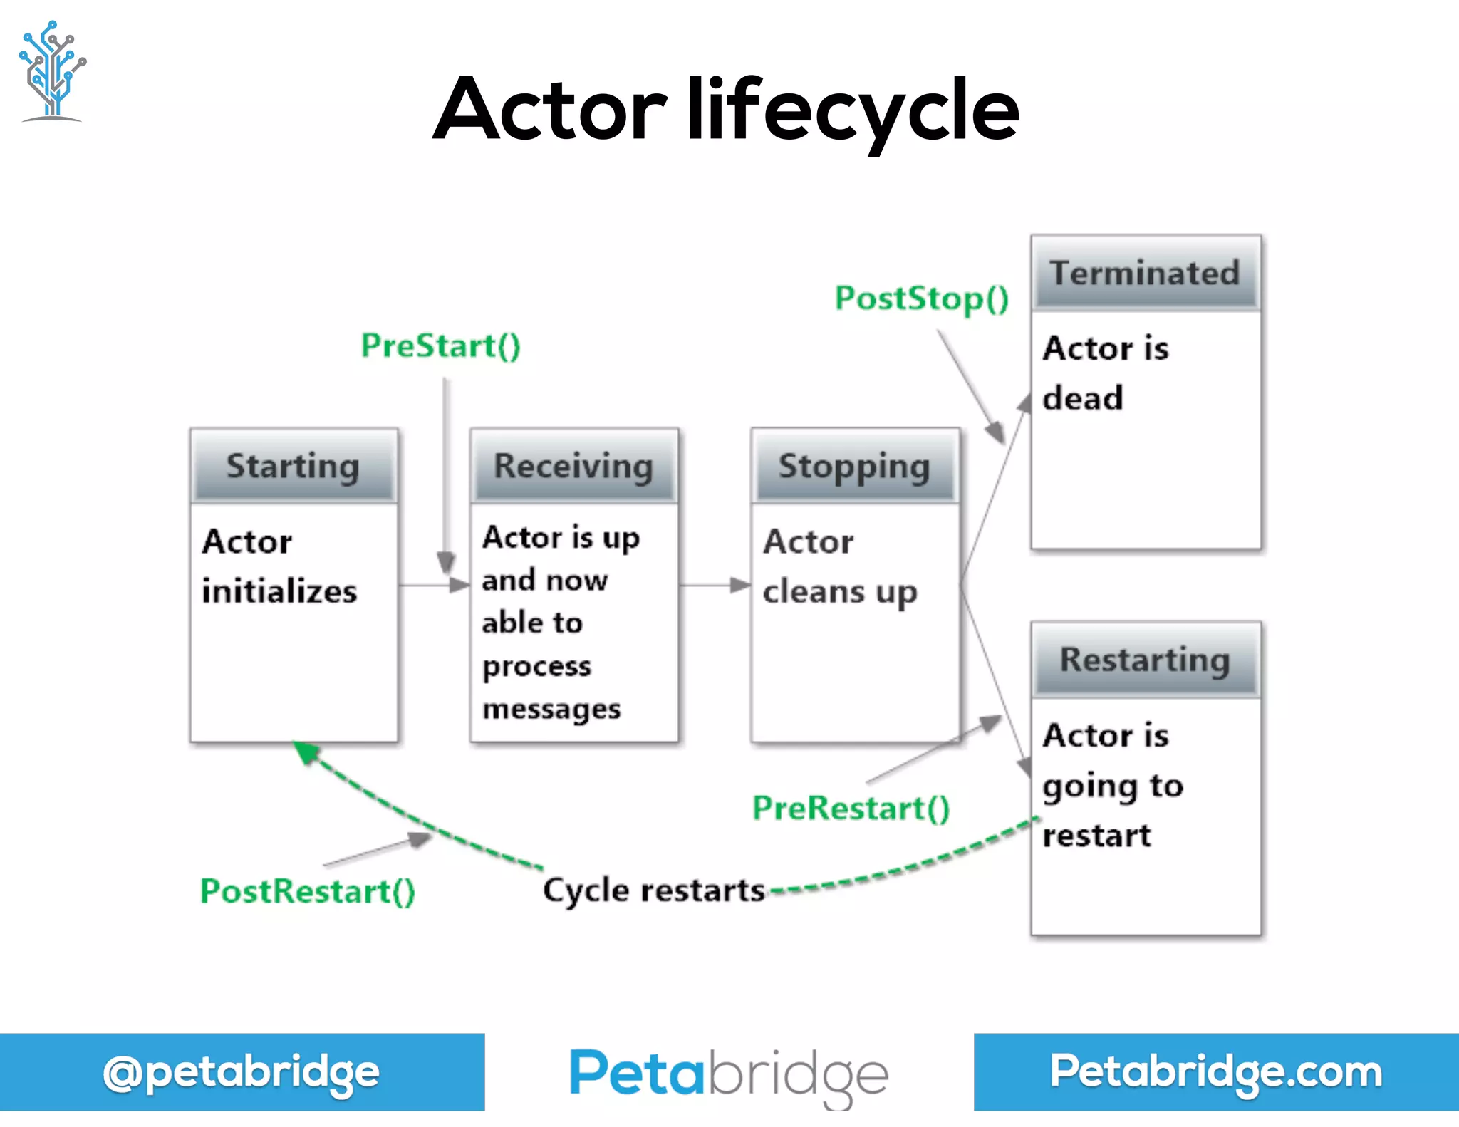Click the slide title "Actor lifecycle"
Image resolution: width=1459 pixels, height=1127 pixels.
click(x=727, y=110)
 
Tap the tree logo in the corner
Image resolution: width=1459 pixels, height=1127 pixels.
click(x=52, y=71)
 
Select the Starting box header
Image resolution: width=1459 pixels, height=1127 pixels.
click(x=293, y=467)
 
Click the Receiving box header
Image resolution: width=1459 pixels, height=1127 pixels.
click(x=573, y=467)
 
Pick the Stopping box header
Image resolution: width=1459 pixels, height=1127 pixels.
click(x=854, y=467)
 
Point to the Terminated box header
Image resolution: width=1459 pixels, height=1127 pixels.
click(x=1145, y=274)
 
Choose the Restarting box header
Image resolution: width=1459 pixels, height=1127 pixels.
click(x=1145, y=660)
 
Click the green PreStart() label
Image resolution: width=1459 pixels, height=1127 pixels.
click(x=441, y=346)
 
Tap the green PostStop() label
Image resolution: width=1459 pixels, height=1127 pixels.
click(x=922, y=298)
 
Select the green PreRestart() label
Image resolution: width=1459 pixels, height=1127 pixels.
click(x=851, y=809)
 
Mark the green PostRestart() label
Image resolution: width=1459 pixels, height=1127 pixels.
click(x=308, y=891)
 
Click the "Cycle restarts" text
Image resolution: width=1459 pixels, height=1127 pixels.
click(x=653, y=890)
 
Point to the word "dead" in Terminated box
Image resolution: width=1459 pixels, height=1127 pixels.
click(x=1083, y=398)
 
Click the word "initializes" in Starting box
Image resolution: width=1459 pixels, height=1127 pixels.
click(x=279, y=592)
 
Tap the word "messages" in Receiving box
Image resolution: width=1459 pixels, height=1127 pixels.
click(x=551, y=710)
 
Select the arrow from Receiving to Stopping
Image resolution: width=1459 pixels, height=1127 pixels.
click(x=715, y=586)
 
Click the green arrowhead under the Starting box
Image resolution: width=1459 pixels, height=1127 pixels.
click(x=307, y=752)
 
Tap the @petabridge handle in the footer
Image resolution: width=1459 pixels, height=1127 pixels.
click(x=242, y=1072)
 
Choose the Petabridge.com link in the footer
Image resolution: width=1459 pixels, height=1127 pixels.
click(x=1216, y=1072)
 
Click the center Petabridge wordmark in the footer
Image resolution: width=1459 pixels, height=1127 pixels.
click(x=729, y=1074)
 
